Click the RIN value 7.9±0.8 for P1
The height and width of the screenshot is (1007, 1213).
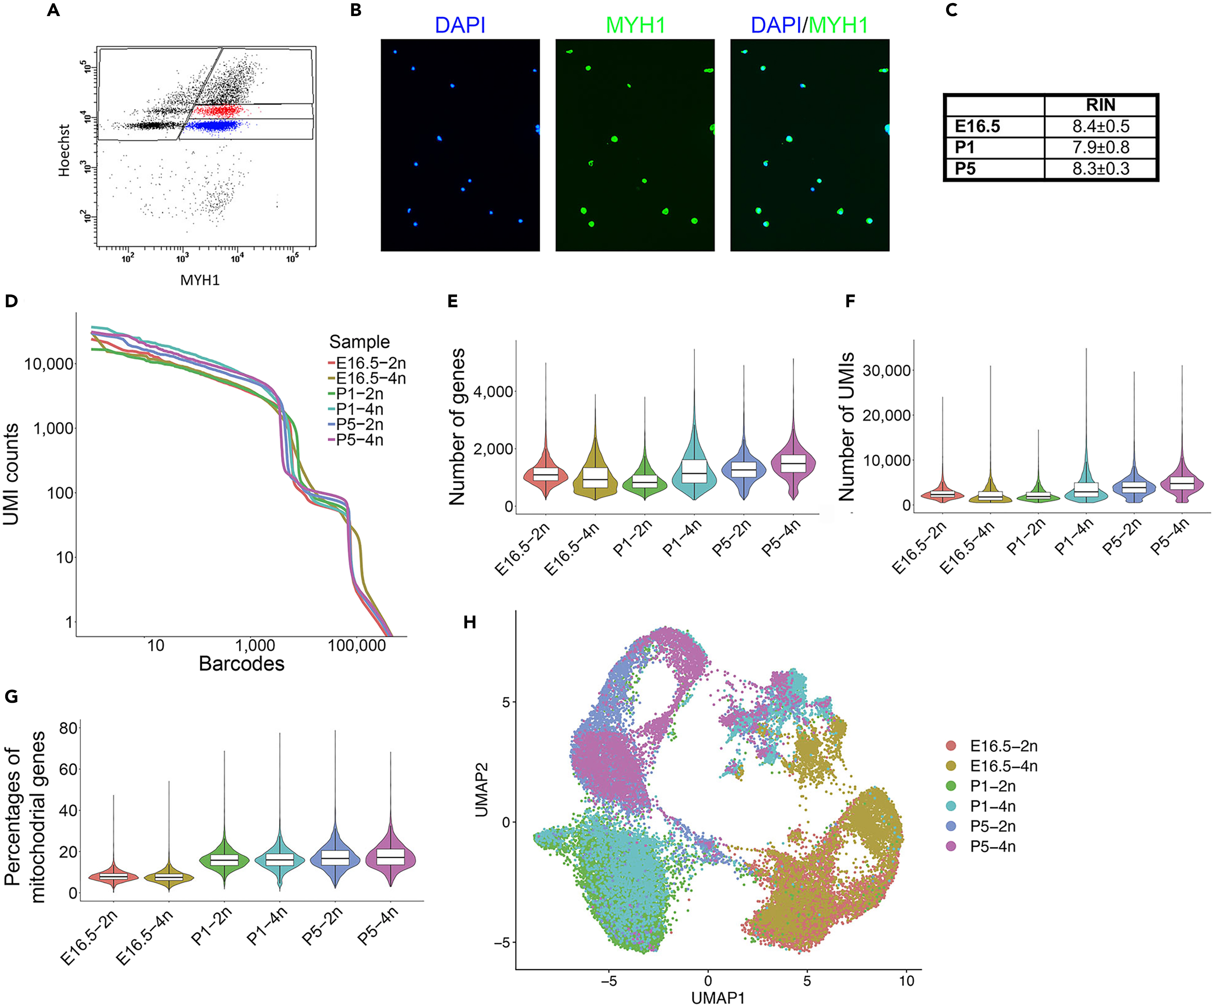click(x=1101, y=147)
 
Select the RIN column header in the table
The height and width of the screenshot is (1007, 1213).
click(x=1101, y=105)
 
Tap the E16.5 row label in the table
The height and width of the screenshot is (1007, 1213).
click(x=977, y=126)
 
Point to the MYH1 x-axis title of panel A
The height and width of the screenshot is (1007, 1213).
click(x=200, y=280)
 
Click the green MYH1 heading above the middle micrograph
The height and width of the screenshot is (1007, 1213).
click(x=635, y=25)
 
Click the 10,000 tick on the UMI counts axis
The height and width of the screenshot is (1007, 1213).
click(x=49, y=364)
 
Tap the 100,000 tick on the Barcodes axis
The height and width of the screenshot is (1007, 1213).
click(x=357, y=645)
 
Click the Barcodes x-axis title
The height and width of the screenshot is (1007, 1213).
click(x=241, y=664)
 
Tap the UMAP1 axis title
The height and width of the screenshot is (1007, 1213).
click(x=717, y=998)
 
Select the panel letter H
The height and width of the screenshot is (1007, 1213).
click(x=470, y=623)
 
